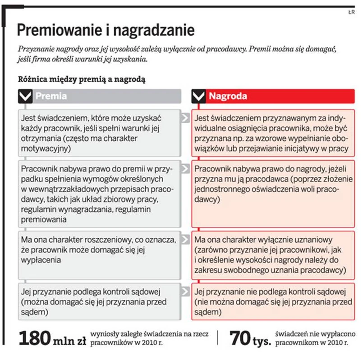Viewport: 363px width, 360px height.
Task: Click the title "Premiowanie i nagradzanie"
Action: (106, 31)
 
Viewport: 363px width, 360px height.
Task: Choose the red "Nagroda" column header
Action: (227, 96)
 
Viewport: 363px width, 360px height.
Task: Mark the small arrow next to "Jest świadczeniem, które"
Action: (185, 118)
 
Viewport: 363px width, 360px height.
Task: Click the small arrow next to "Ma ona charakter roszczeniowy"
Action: (185, 240)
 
